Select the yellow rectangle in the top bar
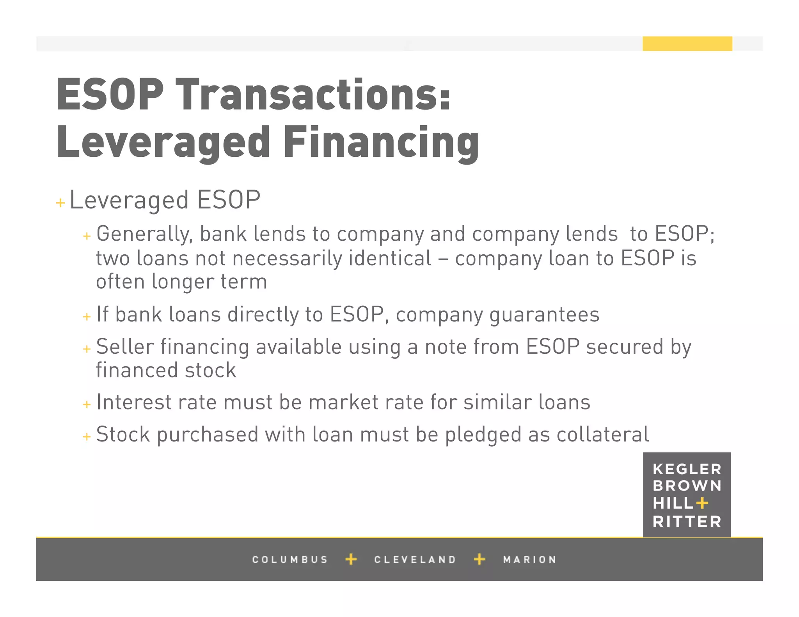click(x=687, y=44)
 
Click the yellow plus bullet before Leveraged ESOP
click(x=60, y=203)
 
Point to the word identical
click(x=390, y=258)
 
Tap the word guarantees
click(x=544, y=314)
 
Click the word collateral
click(x=603, y=434)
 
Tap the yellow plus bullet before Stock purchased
click(x=87, y=437)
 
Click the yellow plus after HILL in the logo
click(x=702, y=503)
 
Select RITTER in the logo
click(x=687, y=522)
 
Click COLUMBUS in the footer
click(x=289, y=560)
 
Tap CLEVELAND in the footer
click(x=415, y=560)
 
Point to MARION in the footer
click(x=529, y=560)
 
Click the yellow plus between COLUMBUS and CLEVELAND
click(x=351, y=559)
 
